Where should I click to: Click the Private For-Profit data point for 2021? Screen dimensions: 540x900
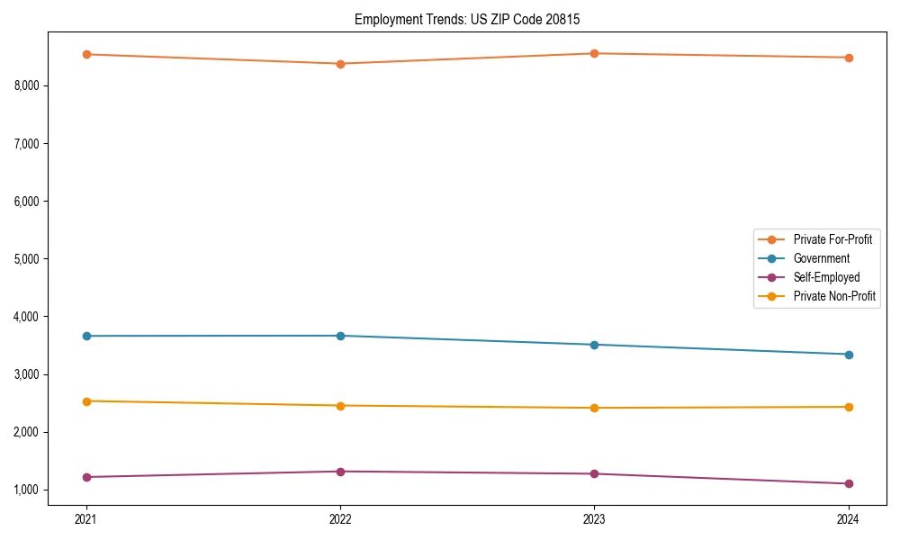click(x=86, y=54)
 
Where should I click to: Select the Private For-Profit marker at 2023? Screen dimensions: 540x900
click(x=594, y=53)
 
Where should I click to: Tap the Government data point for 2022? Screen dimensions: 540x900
click(x=340, y=336)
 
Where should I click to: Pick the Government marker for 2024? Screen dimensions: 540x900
click(x=848, y=355)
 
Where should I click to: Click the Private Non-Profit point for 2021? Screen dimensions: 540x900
click(x=86, y=401)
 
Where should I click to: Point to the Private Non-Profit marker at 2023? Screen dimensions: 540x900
click(x=594, y=408)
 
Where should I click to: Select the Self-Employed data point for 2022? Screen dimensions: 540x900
click(x=340, y=472)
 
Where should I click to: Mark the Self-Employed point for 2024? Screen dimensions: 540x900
click(x=848, y=483)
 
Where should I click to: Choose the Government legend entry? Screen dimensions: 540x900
click(x=821, y=258)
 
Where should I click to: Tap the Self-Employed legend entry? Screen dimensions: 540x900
click(x=826, y=277)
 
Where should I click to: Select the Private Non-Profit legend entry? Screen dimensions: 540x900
click(x=834, y=296)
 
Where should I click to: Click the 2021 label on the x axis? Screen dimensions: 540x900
click(x=86, y=519)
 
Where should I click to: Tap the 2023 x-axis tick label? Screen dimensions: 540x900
click(x=594, y=519)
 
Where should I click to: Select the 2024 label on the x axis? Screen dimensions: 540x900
click(x=848, y=519)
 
